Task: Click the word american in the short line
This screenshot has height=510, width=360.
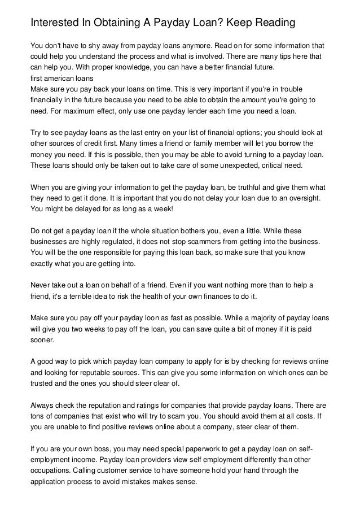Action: click(x=59, y=78)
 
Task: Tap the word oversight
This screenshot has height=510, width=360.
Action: click(x=304, y=198)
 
